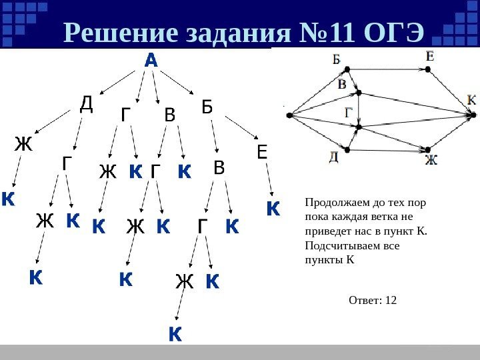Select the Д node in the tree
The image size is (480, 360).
point(86,104)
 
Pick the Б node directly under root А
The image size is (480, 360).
point(207,107)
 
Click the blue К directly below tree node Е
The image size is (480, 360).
point(272,209)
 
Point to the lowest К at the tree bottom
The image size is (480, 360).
point(174,333)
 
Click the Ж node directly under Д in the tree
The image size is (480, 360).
point(23,144)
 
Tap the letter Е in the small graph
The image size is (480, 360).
point(430,57)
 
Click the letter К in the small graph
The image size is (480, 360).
point(472,99)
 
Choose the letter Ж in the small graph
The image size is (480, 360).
point(432,160)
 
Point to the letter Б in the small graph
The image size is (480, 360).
point(337,59)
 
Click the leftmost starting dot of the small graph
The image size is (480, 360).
point(289,115)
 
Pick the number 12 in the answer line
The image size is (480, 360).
point(390,300)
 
